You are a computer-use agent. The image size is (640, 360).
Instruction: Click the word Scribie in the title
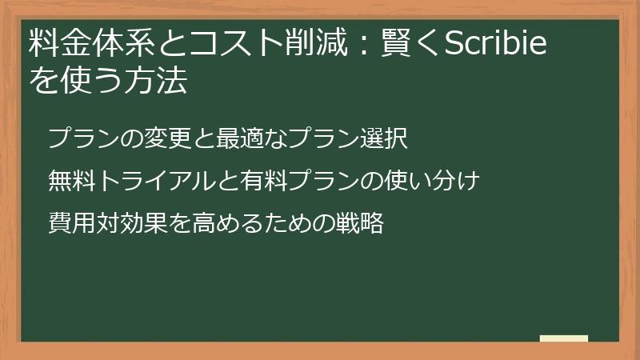tap(495, 45)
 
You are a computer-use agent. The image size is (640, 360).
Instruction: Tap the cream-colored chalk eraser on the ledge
tap(564, 338)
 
